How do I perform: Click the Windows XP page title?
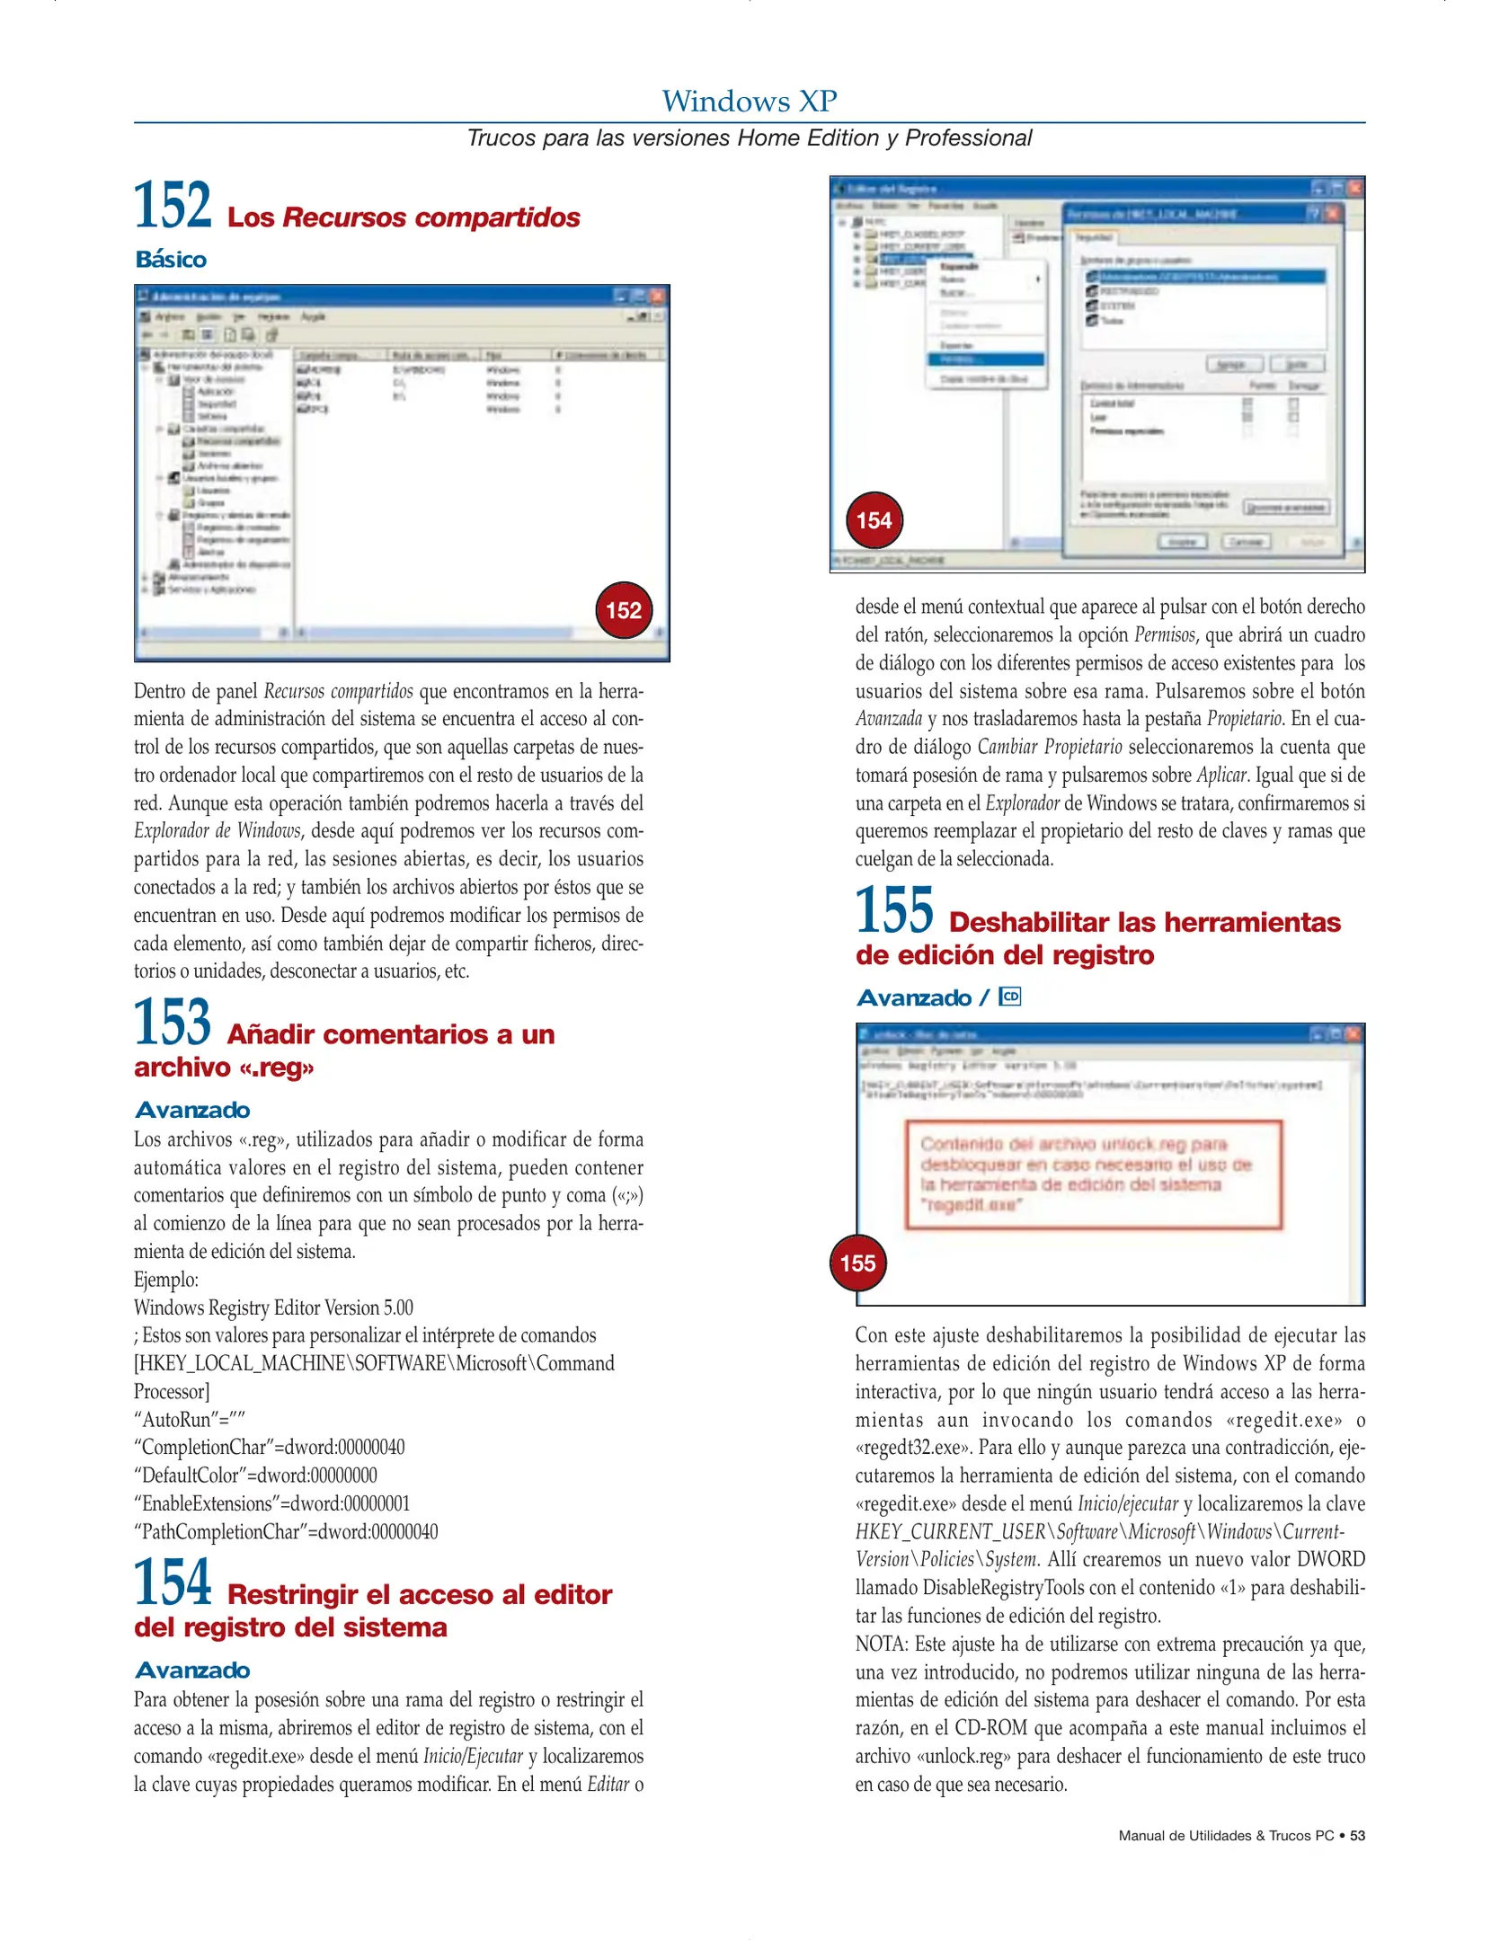(x=749, y=102)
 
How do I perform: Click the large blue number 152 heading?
(x=173, y=206)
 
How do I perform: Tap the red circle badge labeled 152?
(x=623, y=611)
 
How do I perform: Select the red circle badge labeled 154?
(x=874, y=520)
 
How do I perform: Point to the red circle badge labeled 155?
(x=857, y=1263)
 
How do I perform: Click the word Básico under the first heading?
(x=171, y=260)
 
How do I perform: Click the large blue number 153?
(x=173, y=1023)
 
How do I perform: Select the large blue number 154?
(x=173, y=1582)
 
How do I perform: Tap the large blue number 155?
(x=894, y=910)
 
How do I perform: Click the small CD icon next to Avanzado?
(x=1009, y=997)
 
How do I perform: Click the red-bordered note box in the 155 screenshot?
(x=1093, y=1174)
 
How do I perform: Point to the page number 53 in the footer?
(x=1357, y=1835)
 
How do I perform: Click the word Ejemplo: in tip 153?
(x=166, y=1280)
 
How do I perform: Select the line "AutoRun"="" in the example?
(x=190, y=1420)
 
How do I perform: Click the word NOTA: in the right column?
(x=882, y=1644)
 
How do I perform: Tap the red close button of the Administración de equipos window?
(x=657, y=297)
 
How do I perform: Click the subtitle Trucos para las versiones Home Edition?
(x=749, y=138)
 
